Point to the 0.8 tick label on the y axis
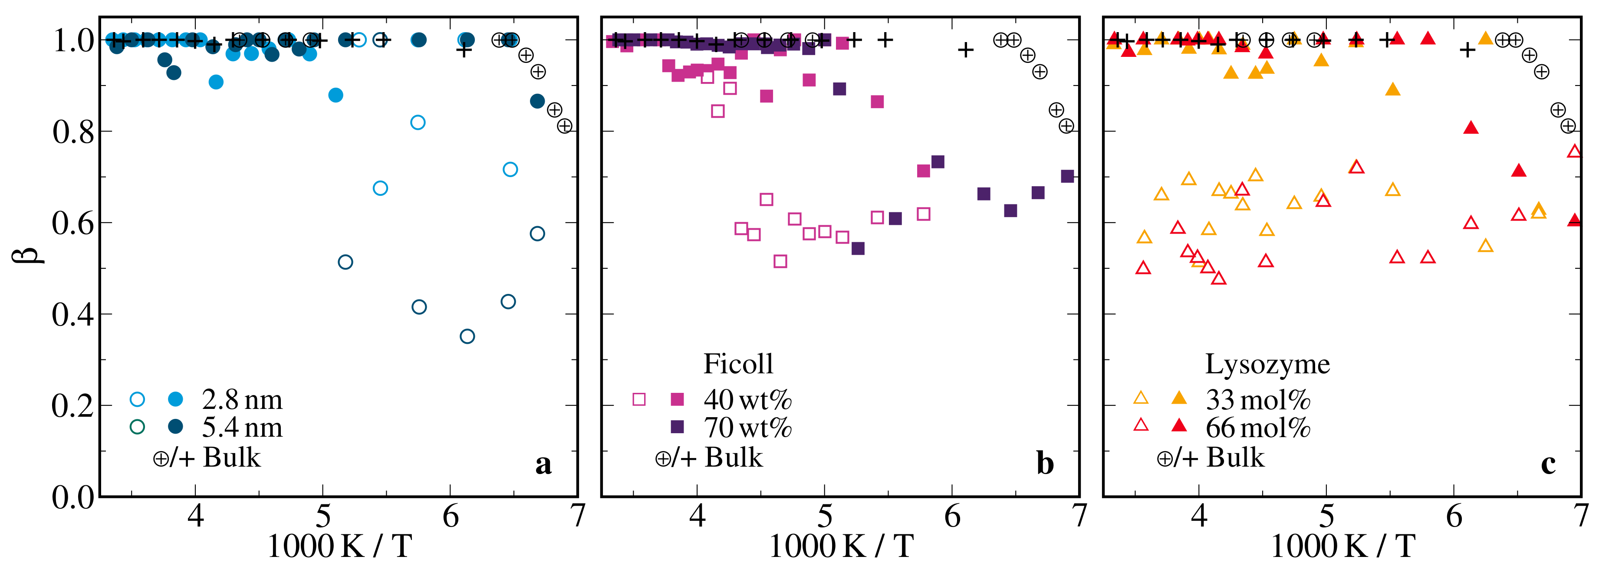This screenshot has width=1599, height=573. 73,132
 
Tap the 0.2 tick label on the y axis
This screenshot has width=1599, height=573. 73,406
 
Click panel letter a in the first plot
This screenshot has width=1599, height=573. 543,463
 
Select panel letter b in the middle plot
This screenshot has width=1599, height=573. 1045,463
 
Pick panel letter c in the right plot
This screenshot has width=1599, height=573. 1548,463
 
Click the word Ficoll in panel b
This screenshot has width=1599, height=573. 738,364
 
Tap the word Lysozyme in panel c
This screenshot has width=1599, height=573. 1267,364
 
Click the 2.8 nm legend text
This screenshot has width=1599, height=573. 242,399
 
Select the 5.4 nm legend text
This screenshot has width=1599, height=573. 242,427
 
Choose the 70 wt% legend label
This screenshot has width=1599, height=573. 747,427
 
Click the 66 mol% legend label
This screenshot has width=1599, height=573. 1257,427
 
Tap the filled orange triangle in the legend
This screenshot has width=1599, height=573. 1179,398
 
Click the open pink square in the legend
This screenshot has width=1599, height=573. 639,399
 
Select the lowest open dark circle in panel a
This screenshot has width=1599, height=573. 467,336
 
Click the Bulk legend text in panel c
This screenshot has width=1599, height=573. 1235,458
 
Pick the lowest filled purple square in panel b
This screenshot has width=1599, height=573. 858,248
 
